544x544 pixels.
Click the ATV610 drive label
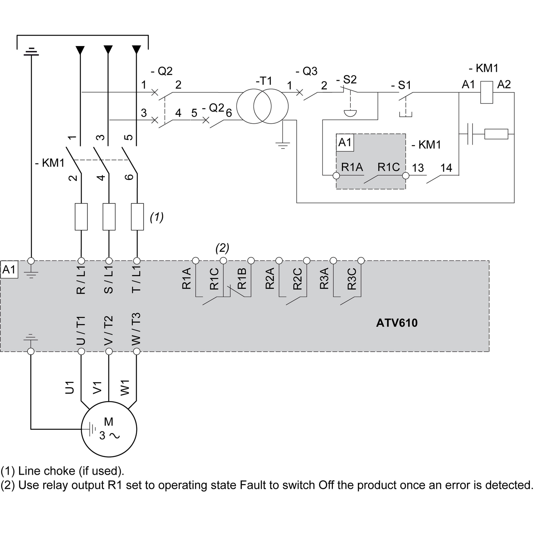[397, 323]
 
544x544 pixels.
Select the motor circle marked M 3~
[109, 429]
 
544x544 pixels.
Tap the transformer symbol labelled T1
[262, 107]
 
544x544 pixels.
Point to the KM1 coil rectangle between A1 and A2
[486, 92]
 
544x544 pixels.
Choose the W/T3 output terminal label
[136, 329]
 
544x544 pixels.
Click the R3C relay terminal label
[352, 279]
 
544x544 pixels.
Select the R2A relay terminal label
[269, 279]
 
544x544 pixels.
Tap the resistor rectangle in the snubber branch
[496, 134]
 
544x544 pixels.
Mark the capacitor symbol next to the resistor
[470, 134]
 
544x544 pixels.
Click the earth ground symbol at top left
[32, 51]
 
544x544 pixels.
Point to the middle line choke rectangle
[109, 217]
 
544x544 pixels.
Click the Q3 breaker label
[307, 71]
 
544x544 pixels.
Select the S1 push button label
[401, 85]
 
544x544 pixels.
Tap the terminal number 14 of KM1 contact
[446, 168]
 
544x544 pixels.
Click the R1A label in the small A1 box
[352, 167]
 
